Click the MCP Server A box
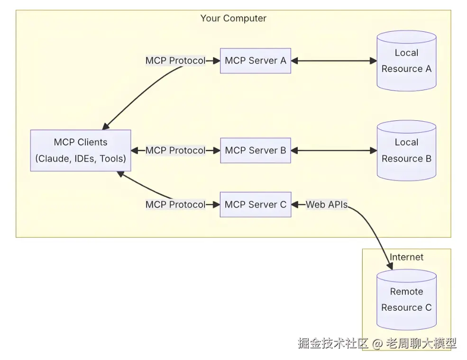255,61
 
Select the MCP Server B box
255,151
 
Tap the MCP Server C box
255,205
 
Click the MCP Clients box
81,151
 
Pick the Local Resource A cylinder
406,61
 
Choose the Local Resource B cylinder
406,151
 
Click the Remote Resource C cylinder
406,299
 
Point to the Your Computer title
233,18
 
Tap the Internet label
406,257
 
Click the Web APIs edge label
326,205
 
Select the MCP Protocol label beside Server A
175,61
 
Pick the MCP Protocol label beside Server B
175,151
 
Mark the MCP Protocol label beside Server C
175,205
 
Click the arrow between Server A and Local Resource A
334,61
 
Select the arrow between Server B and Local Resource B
334,151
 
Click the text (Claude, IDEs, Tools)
81,159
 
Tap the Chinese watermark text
377,343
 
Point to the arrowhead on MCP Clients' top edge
105,126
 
